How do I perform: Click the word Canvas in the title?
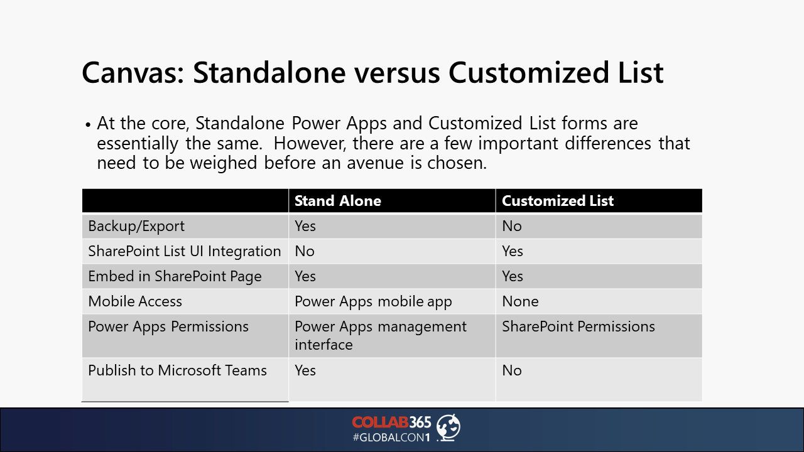point(133,73)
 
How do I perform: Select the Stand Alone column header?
point(338,201)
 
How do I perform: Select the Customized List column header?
point(558,201)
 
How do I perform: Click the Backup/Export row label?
point(136,227)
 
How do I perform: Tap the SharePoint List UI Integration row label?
point(185,251)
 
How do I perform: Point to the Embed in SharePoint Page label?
point(175,277)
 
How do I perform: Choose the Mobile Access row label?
point(135,301)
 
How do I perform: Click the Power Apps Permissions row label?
point(168,327)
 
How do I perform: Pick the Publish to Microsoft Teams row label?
point(177,370)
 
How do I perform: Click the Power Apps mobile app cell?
point(373,302)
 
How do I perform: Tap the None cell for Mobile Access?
point(520,301)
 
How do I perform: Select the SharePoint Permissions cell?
point(579,327)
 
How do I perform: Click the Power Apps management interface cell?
point(381,336)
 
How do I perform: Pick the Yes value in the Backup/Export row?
point(305,226)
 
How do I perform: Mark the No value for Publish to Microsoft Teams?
point(512,370)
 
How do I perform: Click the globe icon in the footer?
point(448,428)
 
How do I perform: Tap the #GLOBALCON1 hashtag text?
point(391,438)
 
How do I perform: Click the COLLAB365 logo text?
point(391,422)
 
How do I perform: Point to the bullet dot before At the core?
point(88,125)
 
